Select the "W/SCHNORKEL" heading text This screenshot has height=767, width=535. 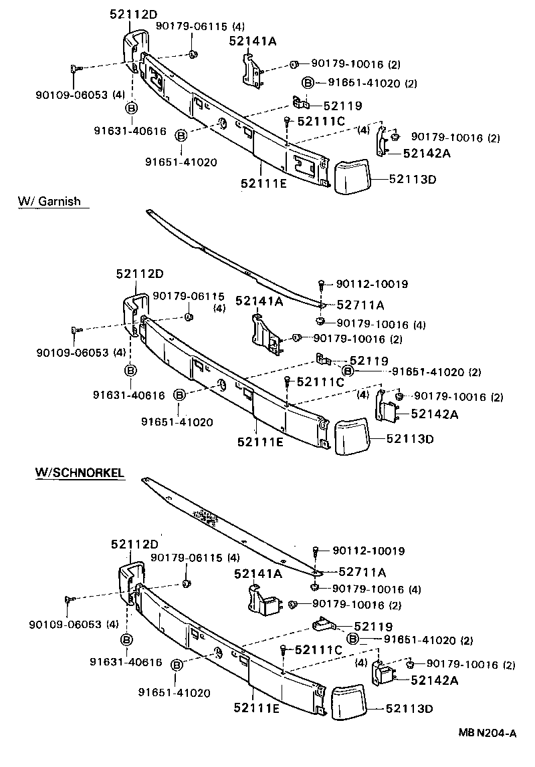coord(79,472)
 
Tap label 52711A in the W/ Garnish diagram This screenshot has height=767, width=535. coord(360,305)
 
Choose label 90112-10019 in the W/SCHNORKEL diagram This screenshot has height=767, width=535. coord(368,551)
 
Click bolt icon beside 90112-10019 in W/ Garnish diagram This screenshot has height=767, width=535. coord(322,285)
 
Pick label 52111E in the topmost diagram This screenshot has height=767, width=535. coord(260,181)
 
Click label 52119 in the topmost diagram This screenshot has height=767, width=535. coord(342,106)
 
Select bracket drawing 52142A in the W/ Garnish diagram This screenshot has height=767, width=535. coord(387,408)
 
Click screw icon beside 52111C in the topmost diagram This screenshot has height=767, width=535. coord(286,122)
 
